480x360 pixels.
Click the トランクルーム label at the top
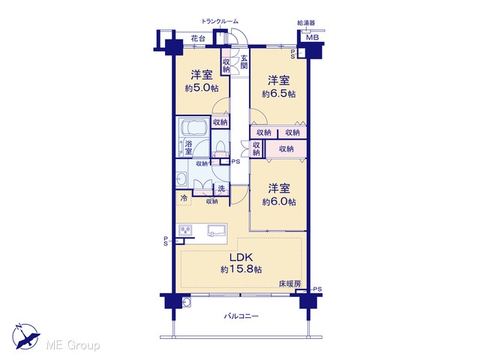click(220, 22)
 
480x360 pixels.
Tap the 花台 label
click(198, 38)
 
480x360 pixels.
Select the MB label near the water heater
click(313, 37)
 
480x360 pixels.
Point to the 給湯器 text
click(306, 23)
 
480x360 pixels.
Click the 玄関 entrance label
click(244, 62)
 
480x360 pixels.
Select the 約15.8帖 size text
click(241, 269)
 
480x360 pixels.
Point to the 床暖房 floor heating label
click(289, 283)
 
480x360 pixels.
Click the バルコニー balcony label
click(241, 316)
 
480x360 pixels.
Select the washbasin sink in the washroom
click(181, 178)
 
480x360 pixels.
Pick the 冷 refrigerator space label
click(184, 198)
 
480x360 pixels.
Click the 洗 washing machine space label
click(222, 189)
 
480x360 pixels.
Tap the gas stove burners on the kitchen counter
click(185, 230)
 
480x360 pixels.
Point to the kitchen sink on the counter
click(217, 230)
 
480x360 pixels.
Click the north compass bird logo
click(26, 337)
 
